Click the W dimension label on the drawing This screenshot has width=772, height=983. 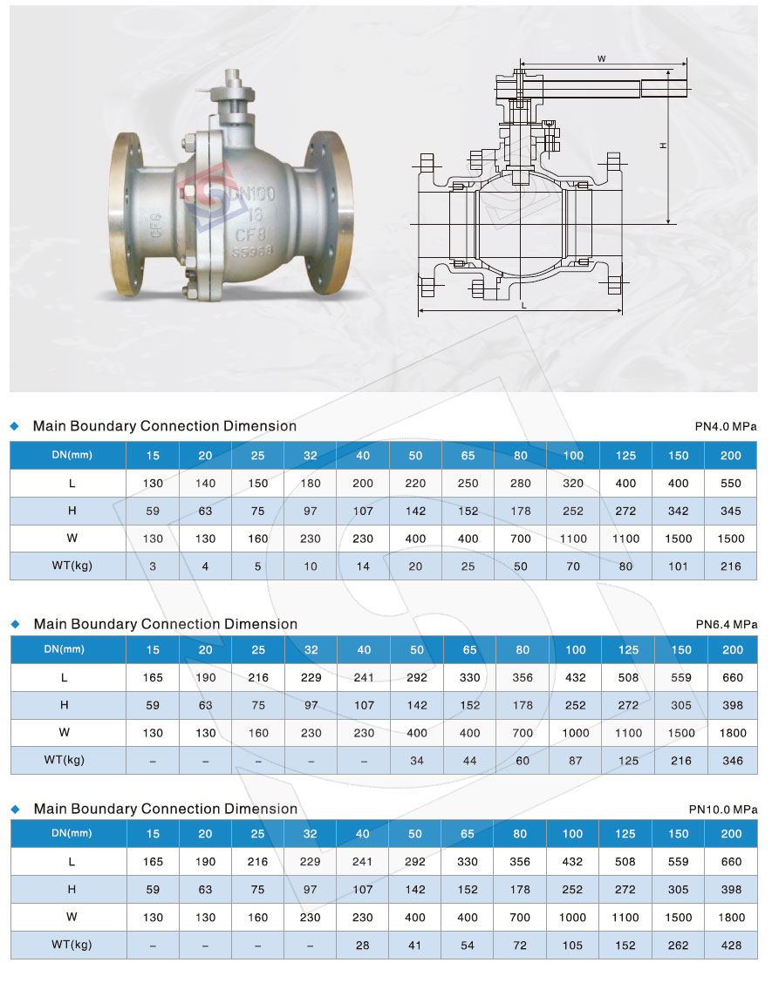(601, 59)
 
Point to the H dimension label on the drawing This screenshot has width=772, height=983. (664, 146)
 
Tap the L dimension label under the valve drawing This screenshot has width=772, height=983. (524, 305)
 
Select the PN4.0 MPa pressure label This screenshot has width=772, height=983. (726, 426)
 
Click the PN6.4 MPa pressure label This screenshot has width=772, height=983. (726, 625)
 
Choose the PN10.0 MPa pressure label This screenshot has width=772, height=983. (723, 810)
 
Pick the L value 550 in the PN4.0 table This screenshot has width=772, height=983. (731, 484)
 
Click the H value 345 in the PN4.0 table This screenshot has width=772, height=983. (731, 511)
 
